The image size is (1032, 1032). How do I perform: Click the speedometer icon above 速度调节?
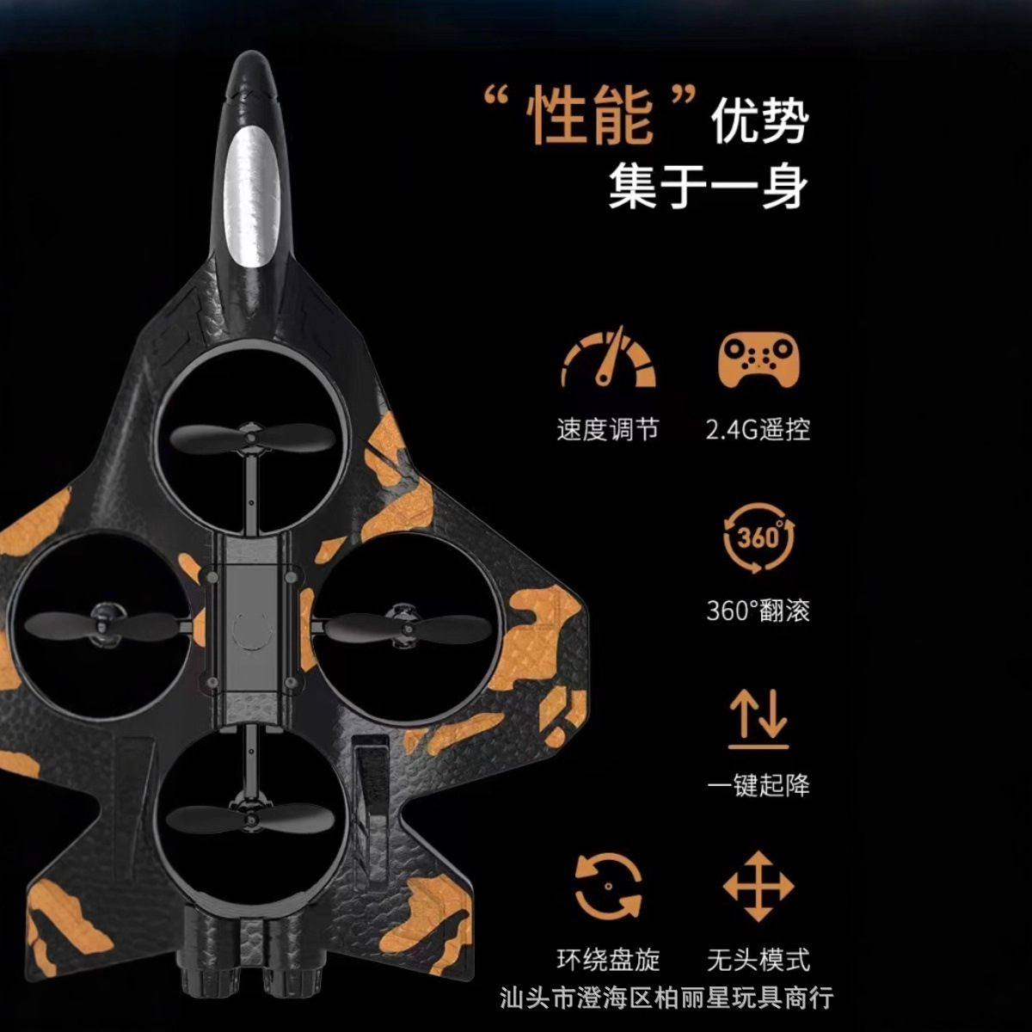coord(609,359)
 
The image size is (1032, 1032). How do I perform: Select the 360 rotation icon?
coord(758,539)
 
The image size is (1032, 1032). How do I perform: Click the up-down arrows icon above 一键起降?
coord(758,718)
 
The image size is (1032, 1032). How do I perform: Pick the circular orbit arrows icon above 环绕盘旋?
coord(608,887)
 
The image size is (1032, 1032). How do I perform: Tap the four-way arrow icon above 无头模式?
coord(758,887)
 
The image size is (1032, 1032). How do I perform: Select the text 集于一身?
coord(708,187)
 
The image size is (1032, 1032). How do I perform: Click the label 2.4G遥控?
coord(758,429)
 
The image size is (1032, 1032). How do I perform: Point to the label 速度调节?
coord(608,429)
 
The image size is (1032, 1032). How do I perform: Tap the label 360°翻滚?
coord(758,611)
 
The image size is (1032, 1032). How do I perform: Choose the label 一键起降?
coord(758,785)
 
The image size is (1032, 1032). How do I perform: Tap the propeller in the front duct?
coord(251,439)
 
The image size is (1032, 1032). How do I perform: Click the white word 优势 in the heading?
coord(759,120)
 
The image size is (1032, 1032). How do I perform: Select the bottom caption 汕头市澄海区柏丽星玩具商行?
coord(666,998)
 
